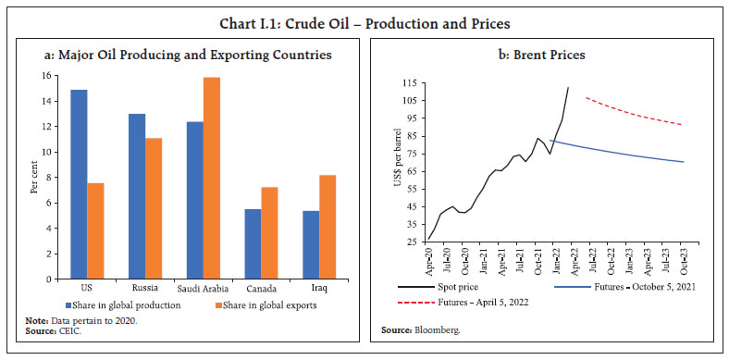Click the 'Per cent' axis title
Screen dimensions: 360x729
(35, 177)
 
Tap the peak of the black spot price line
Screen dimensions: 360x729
(568, 87)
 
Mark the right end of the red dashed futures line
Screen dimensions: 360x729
(709, 124)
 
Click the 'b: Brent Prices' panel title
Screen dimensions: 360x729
(545, 55)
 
